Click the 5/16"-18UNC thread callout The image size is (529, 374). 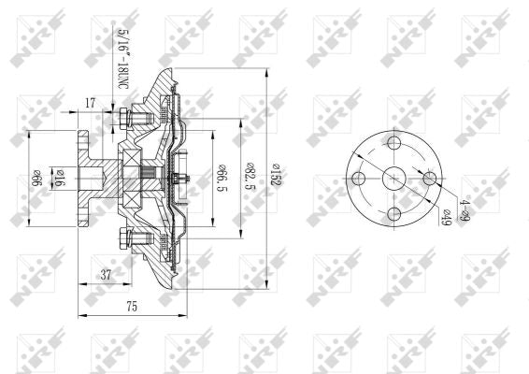122,59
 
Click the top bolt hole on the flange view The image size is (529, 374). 393,143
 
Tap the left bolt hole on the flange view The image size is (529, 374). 358,179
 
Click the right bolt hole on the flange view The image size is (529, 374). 429,179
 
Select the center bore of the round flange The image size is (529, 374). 393,179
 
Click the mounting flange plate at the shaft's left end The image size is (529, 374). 85,178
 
